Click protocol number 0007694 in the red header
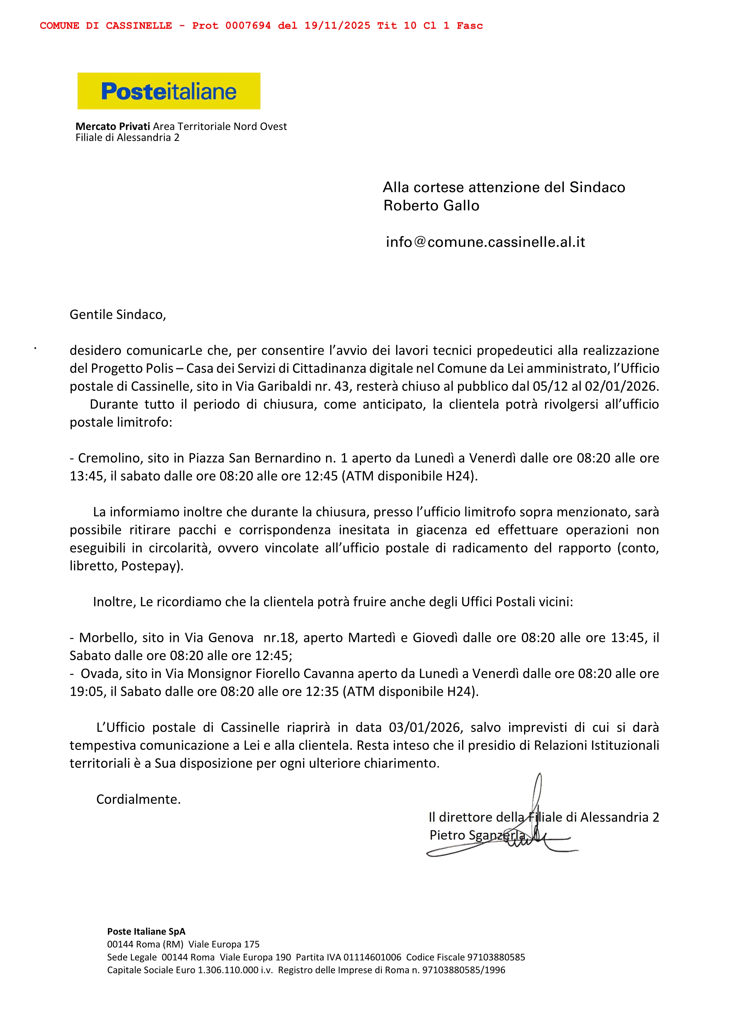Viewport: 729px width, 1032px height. [248, 26]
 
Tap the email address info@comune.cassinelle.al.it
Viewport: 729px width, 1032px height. [485, 242]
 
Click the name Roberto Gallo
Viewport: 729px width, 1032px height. [431, 206]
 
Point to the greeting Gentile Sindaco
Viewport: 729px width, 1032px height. [118, 315]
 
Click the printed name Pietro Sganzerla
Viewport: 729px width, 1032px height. [477, 835]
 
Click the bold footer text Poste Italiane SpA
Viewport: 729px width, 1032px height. [146, 931]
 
